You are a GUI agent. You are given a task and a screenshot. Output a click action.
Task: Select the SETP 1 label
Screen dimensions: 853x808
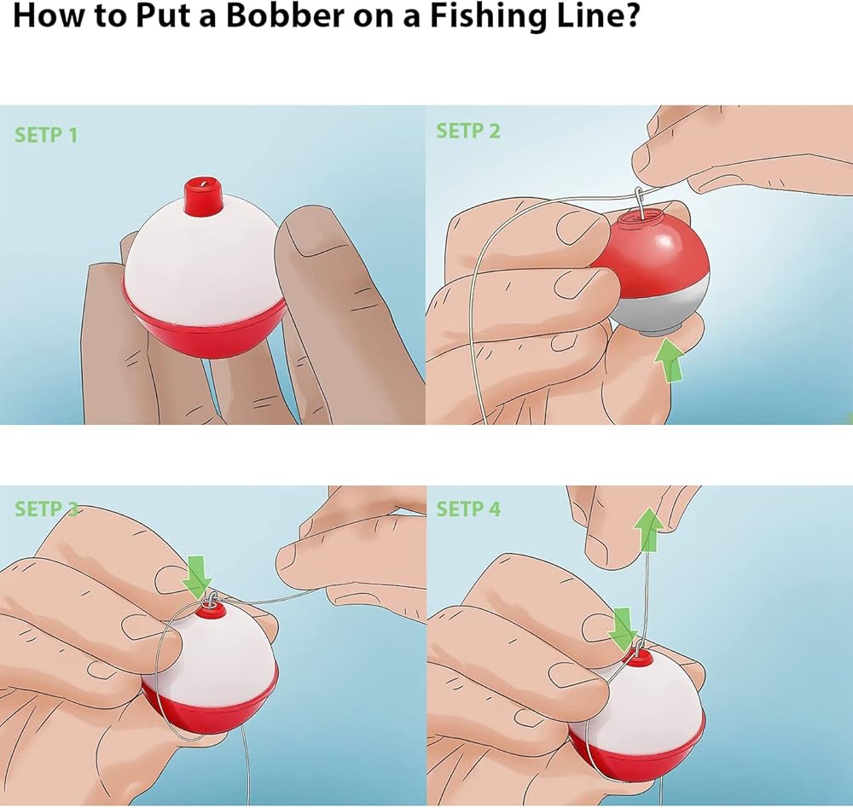click(46, 135)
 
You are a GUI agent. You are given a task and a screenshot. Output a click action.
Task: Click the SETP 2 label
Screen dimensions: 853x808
click(467, 131)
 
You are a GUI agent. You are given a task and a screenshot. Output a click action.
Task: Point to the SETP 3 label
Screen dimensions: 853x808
click(46, 509)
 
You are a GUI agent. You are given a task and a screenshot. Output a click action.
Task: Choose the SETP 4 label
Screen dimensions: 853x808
click(467, 509)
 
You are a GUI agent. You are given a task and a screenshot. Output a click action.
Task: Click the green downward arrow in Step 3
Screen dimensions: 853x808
click(196, 576)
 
